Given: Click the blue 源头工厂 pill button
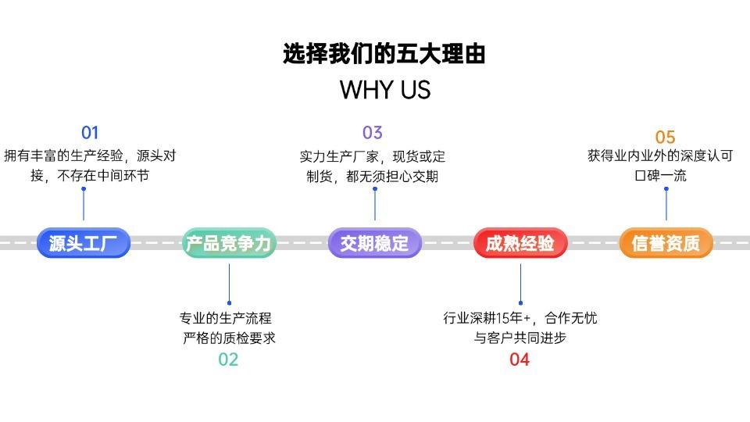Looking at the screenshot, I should tap(84, 243).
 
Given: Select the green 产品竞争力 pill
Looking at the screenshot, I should tap(229, 243).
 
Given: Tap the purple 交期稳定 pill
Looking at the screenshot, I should tap(374, 243).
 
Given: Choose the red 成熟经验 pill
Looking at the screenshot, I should tap(520, 243).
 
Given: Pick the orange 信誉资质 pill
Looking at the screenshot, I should tap(666, 243).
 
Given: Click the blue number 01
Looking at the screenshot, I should tap(90, 133).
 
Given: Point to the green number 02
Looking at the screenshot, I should tap(228, 359).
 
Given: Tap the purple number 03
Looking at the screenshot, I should tap(373, 133).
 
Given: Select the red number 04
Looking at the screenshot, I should tap(520, 359).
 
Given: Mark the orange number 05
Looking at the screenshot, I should tap(666, 138).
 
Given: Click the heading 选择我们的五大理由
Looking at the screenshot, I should tap(384, 54).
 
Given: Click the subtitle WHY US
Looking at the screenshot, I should tap(385, 90).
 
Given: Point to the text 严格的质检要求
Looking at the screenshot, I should tap(229, 338).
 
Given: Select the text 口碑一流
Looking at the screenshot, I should tap(661, 176).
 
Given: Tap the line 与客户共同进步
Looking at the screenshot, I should tap(520, 338).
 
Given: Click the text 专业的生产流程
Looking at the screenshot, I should tap(226, 318).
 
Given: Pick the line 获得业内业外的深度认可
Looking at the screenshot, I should tap(660, 156).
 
